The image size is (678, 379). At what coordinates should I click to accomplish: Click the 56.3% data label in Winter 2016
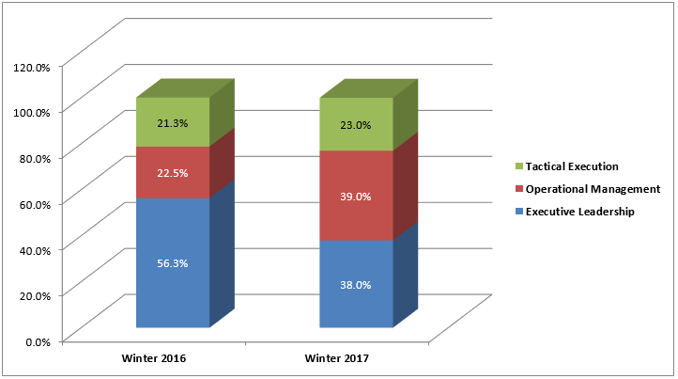click(x=173, y=264)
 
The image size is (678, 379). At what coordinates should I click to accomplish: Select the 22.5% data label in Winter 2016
click(x=173, y=172)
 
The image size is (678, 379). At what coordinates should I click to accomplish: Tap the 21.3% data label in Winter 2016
click(x=173, y=122)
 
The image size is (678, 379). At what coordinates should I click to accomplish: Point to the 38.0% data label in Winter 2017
click(x=356, y=284)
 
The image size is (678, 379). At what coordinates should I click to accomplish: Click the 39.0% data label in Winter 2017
click(x=356, y=197)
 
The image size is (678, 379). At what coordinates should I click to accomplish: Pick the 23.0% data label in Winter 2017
click(x=356, y=124)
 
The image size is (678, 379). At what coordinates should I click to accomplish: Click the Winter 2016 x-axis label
click(x=153, y=359)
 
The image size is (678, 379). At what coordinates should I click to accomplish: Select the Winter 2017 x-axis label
click(x=336, y=359)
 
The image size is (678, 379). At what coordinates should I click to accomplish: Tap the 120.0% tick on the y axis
click(x=32, y=66)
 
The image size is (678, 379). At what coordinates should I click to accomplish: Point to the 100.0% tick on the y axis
click(x=32, y=112)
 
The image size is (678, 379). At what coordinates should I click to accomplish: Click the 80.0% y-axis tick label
click(x=35, y=158)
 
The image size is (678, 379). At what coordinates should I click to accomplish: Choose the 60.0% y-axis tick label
click(x=35, y=203)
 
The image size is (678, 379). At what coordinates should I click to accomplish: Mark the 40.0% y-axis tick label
click(x=35, y=249)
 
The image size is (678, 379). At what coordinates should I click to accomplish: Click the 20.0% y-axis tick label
click(x=35, y=295)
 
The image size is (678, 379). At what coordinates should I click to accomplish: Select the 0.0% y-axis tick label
click(x=38, y=341)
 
